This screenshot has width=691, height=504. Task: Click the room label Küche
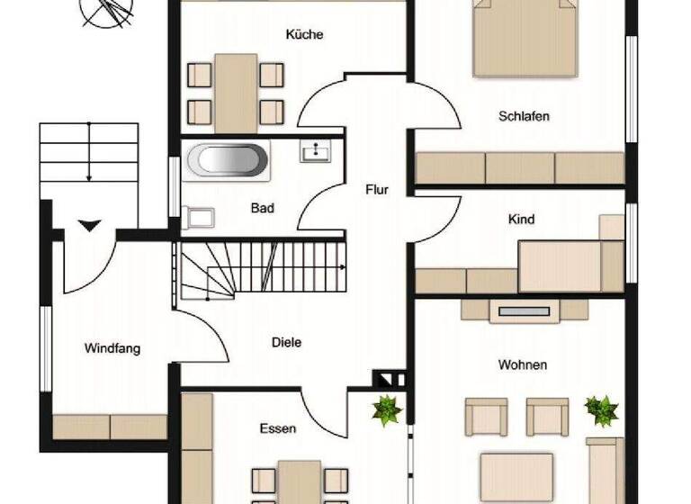[304, 35]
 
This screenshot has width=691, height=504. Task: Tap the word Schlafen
[524, 116]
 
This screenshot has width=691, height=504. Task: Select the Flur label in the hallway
[376, 190]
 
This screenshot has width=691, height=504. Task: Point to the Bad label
[262, 208]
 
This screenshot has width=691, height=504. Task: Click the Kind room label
[521, 220]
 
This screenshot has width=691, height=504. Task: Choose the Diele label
[286, 342]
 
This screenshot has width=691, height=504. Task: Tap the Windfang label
[112, 348]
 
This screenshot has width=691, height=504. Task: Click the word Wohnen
[523, 364]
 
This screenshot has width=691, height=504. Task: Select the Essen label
[277, 428]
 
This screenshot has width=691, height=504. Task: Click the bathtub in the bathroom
[229, 160]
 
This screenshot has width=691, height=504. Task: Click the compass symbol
[105, 12]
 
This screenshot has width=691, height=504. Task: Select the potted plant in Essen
[387, 410]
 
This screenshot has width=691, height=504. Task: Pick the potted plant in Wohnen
[601, 409]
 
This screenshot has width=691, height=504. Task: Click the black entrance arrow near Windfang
[89, 225]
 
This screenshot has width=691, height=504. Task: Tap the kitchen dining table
[236, 92]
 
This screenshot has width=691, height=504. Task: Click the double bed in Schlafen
[525, 36]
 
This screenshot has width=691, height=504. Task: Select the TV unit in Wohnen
[524, 311]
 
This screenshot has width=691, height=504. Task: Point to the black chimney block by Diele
[387, 379]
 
